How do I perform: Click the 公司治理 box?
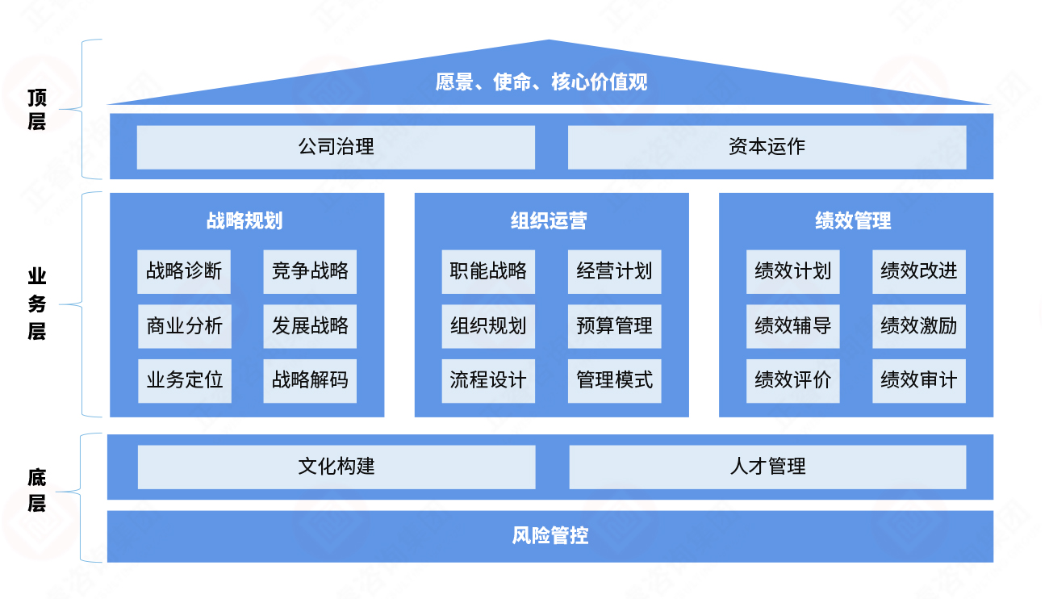336,147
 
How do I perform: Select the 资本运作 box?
767,147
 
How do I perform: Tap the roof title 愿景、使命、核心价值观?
541,82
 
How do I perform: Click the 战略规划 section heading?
244,221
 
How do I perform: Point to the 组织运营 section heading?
549,221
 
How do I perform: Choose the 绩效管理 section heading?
853,221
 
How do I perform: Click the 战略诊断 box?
184,271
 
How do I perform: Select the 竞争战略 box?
310,271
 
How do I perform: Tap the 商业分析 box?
184,326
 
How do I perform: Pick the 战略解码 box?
310,380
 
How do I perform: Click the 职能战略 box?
488,271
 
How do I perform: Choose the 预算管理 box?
614,326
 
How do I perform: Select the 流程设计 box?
488,380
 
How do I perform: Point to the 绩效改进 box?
918,271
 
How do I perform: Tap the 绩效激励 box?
918,326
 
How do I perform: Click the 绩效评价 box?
792,380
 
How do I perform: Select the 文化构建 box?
336,467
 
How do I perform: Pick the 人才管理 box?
767,467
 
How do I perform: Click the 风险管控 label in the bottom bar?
550,536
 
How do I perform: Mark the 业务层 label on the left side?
37,304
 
